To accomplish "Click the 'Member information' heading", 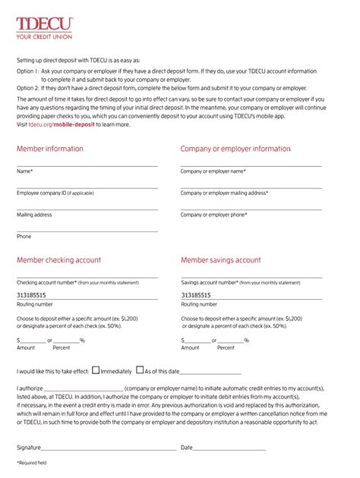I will click(x=50, y=149).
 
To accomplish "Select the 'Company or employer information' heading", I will click(x=235, y=149).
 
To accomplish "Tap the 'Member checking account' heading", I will click(x=58, y=259).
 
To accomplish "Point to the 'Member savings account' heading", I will click(x=220, y=259).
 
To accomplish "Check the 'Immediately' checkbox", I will click(x=96, y=370).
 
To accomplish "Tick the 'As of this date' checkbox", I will click(x=140, y=370).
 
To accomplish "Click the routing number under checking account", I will click(x=31, y=295).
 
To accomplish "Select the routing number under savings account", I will click(x=195, y=295).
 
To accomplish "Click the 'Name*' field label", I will click(x=25, y=171).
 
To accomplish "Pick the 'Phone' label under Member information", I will click(x=24, y=236).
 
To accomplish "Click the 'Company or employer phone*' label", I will click(x=213, y=215).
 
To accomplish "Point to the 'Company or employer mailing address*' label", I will click(x=224, y=193).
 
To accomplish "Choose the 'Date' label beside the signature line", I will click(x=186, y=448).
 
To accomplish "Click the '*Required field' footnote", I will click(x=32, y=462).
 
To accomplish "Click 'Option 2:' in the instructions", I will click(x=27, y=88).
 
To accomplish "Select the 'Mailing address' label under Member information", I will click(x=34, y=215).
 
